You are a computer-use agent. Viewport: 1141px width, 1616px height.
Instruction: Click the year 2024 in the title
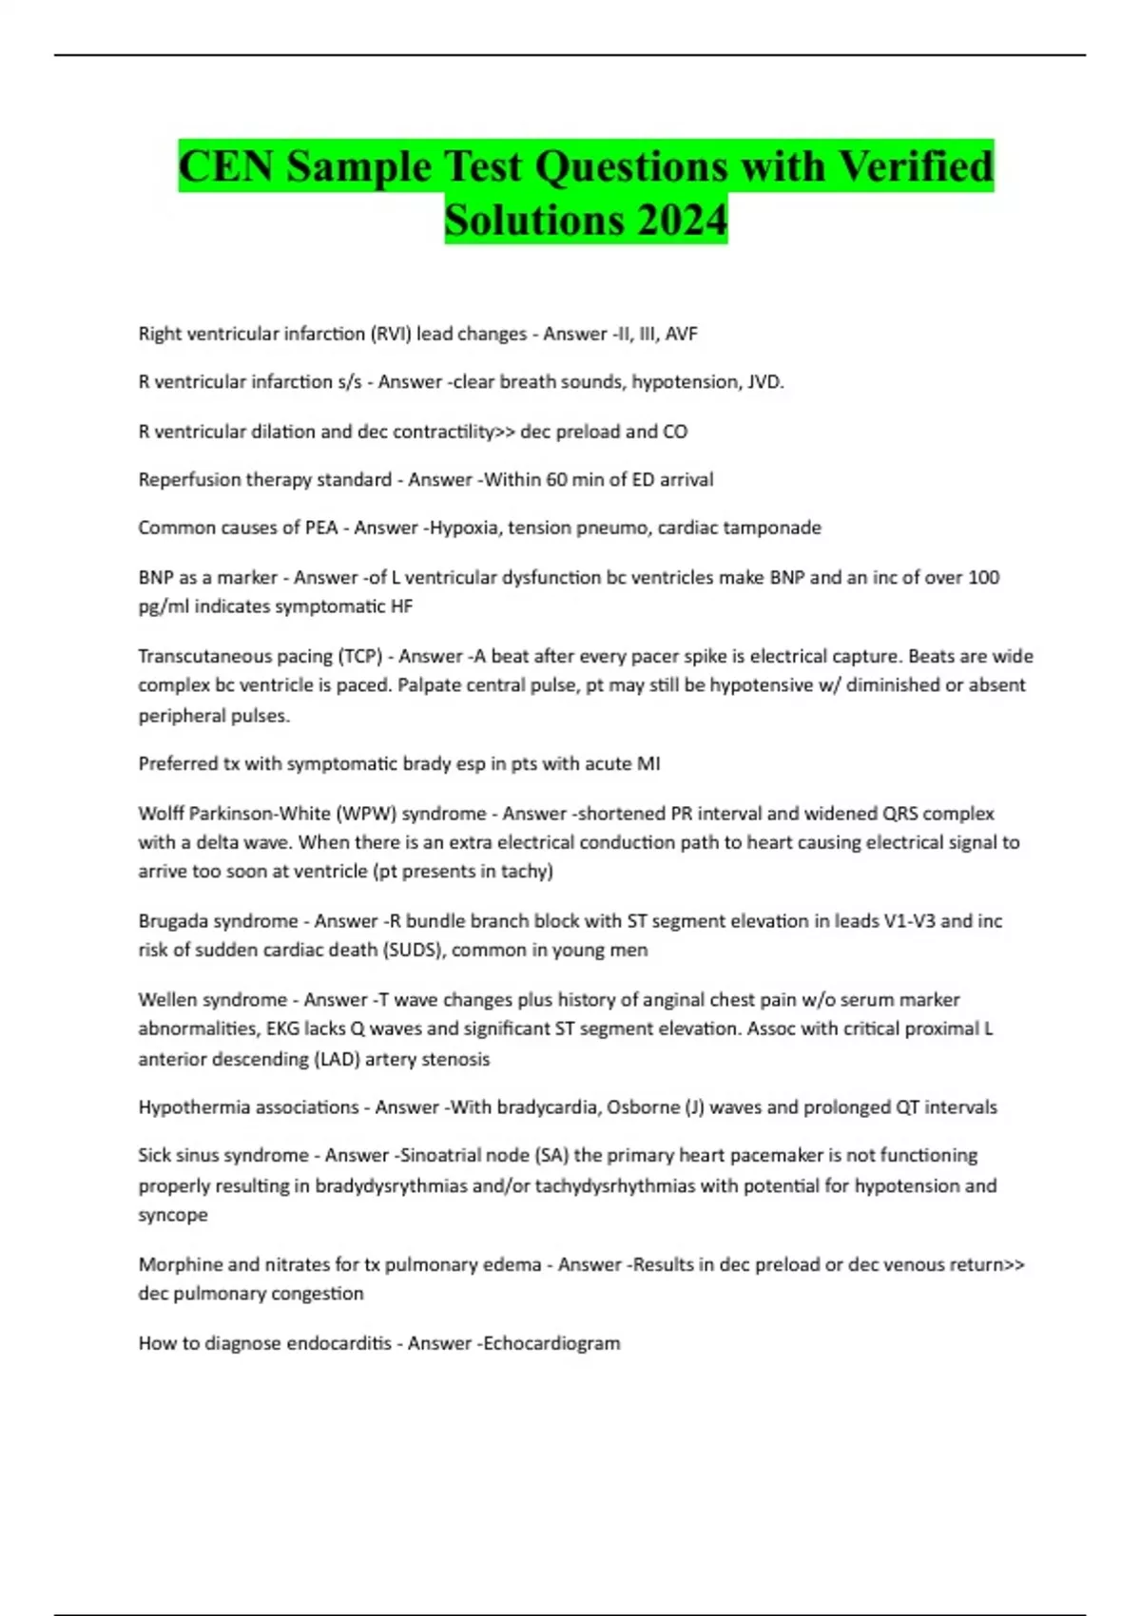pos(682,221)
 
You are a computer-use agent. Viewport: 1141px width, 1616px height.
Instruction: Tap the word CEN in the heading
pos(225,166)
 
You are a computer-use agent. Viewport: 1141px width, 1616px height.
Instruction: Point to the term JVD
pos(764,382)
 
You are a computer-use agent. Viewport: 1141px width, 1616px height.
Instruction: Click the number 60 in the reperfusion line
pos(557,480)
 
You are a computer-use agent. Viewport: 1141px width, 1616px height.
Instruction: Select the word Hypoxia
pos(465,528)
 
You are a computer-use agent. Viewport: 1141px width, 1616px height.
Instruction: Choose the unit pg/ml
pos(164,606)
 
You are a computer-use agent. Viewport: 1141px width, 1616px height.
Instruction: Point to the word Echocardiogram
pos(551,1343)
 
